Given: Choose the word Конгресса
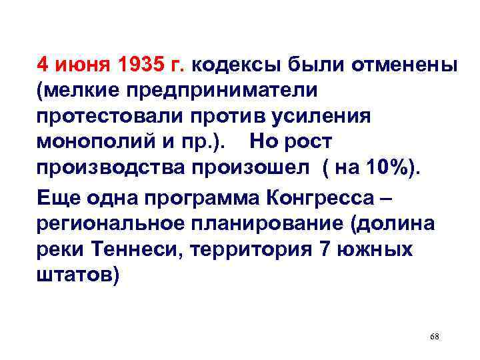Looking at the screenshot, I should coord(319,198).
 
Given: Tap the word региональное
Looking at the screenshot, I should coord(104,223).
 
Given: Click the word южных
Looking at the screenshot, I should coord(381,249).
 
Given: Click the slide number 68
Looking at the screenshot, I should coord(435,337).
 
